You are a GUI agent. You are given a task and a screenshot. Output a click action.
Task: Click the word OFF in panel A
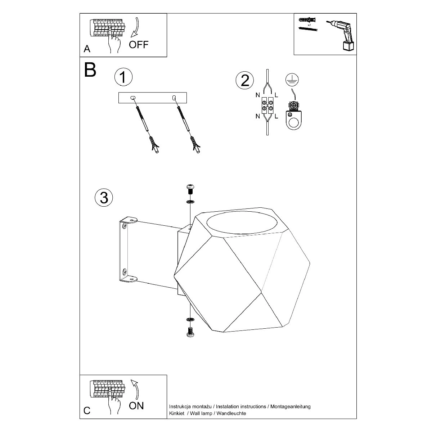139,45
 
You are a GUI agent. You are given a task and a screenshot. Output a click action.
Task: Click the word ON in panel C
136,406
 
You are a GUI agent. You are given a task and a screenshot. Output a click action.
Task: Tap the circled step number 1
123,77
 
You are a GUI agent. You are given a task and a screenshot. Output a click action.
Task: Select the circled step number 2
245,80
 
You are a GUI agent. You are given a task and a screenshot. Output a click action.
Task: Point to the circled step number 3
104,198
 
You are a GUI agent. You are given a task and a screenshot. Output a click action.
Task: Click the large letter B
90,69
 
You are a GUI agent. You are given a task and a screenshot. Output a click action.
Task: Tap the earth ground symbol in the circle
292,80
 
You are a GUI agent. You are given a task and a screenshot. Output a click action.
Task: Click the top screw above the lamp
190,190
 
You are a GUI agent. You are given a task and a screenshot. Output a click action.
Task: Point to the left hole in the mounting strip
132,98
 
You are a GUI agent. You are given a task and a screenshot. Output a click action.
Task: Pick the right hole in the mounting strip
174,98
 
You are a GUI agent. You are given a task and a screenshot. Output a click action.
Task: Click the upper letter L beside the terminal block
276,95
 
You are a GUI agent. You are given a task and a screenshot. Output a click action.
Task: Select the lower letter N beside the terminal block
258,116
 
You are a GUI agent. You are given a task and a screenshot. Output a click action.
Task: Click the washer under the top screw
190,202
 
